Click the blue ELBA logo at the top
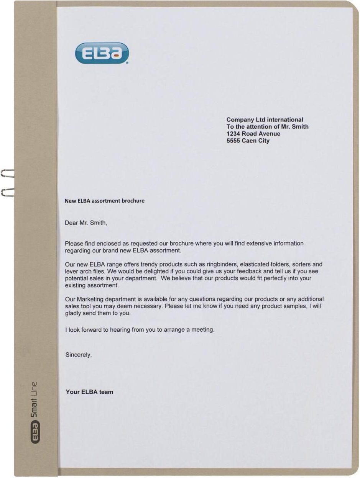point(102,53)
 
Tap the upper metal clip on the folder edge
point(7,173)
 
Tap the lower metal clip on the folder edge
point(7,192)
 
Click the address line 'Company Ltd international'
point(265,120)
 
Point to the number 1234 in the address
point(233,134)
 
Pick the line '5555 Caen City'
point(248,141)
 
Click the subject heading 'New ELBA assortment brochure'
point(104,201)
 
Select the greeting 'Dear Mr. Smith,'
point(86,223)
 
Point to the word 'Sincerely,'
point(79,355)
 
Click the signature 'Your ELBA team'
point(89,392)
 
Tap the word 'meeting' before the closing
point(204,329)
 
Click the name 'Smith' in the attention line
point(300,126)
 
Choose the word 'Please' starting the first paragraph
point(74,243)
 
